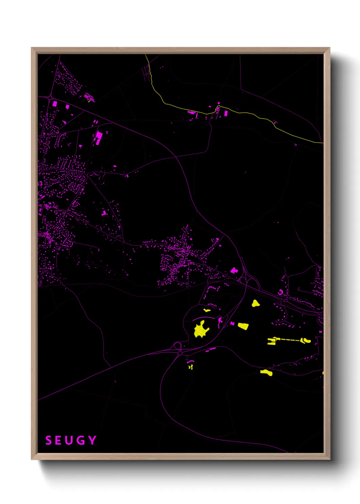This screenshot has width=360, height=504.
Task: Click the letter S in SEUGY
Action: [x=49, y=440]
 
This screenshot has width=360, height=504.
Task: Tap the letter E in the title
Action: [x=59, y=440]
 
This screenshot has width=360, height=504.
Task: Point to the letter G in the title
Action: [x=81, y=440]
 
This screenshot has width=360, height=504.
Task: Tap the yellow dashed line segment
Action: [x=289, y=340]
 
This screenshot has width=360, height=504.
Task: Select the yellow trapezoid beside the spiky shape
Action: [x=243, y=326]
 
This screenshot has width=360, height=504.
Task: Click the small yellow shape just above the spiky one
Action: [x=207, y=310]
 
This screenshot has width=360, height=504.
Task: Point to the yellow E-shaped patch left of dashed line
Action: [x=272, y=341]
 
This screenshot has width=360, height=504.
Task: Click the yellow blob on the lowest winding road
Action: [x=266, y=373]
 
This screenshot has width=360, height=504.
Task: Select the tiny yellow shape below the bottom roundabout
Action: [x=190, y=367]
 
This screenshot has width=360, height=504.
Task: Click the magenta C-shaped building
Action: [x=280, y=292]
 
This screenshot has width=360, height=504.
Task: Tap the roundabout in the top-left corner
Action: [x=50, y=98]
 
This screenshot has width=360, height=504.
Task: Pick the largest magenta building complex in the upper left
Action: [x=99, y=138]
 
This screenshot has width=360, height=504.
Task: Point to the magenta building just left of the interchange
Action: [x=234, y=271]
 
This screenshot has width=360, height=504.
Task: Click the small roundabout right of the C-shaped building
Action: [x=286, y=300]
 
